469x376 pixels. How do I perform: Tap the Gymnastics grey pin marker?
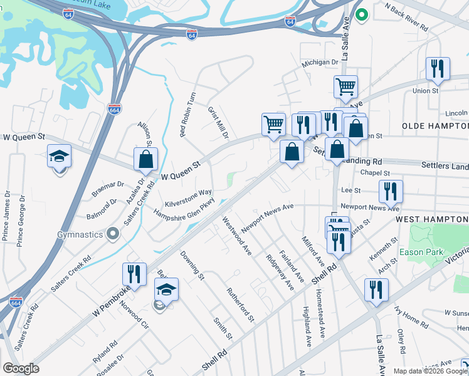click(113, 234)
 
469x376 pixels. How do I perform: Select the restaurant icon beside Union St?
click(438, 70)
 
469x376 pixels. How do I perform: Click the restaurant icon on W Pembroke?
click(134, 274)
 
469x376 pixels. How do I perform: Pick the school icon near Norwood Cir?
click(166, 290)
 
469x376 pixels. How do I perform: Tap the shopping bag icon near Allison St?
click(145, 159)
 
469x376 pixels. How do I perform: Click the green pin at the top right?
click(361, 14)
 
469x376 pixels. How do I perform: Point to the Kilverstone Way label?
click(188, 198)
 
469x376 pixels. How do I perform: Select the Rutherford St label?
click(241, 305)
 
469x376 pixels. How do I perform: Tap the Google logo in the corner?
click(21, 368)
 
